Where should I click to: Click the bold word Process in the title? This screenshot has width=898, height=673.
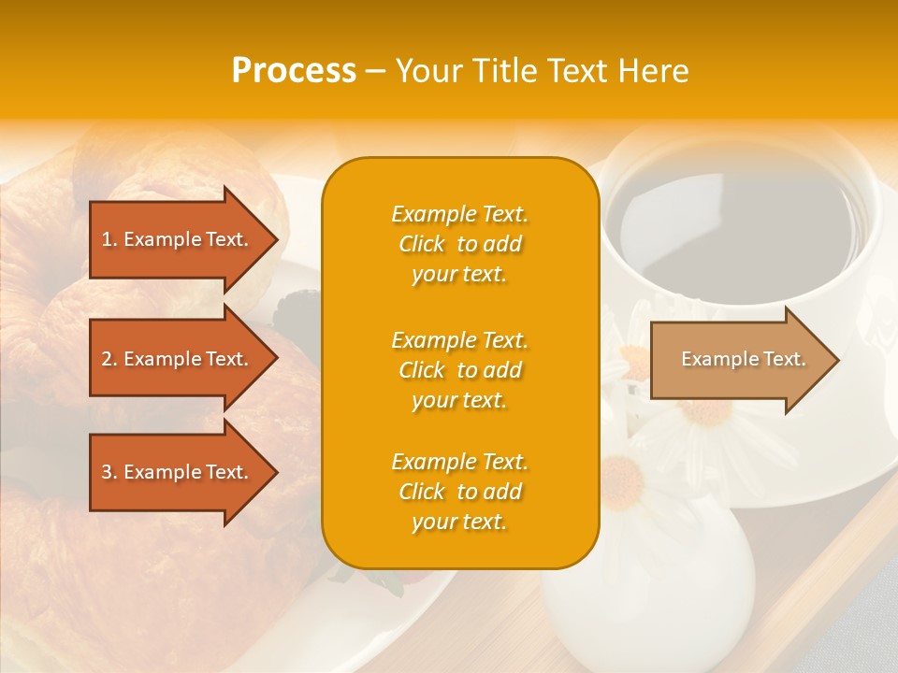point(294,71)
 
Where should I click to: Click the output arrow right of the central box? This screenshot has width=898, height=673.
point(739,360)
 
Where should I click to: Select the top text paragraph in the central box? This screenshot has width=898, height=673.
point(459,244)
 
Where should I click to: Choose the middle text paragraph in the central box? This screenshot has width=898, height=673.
point(459,370)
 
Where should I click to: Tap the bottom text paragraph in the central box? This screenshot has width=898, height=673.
point(459,492)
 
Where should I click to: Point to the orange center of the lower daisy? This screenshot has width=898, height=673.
point(621,476)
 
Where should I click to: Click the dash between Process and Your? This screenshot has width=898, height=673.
point(375,71)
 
